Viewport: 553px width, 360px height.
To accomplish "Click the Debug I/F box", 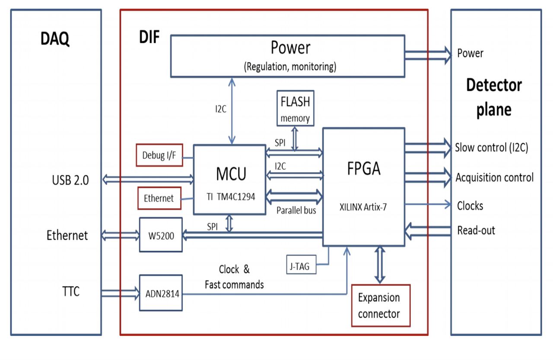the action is (159, 155).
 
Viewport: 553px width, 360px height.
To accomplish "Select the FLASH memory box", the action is (295, 108).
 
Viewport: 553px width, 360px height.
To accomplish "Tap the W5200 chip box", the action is (161, 235).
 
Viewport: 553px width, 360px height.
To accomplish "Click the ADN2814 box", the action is (161, 293).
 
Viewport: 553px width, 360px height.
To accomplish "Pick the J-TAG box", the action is (301, 265).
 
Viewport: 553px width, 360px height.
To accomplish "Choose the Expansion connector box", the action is (381, 306).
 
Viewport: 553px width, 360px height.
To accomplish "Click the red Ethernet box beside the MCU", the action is (159, 198).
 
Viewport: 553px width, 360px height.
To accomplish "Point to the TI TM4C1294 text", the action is (231, 197).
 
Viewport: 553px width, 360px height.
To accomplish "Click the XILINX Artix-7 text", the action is (363, 207).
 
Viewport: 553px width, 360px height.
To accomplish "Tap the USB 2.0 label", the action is (70, 180).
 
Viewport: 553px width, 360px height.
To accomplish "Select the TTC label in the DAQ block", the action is (71, 291).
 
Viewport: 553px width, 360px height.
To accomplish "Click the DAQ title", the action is (55, 39).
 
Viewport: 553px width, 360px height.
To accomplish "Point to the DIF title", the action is (149, 37).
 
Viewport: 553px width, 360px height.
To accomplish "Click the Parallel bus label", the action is (296, 210).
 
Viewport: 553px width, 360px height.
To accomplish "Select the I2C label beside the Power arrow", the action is (221, 109).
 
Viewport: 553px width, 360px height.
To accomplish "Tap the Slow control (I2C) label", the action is (492, 148).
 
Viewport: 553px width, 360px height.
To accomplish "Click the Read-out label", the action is (476, 231).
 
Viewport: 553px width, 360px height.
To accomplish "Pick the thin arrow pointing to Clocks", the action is (428, 204).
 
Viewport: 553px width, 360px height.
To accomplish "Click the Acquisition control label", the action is (495, 177).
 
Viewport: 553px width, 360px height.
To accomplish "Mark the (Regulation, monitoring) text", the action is (290, 67).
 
